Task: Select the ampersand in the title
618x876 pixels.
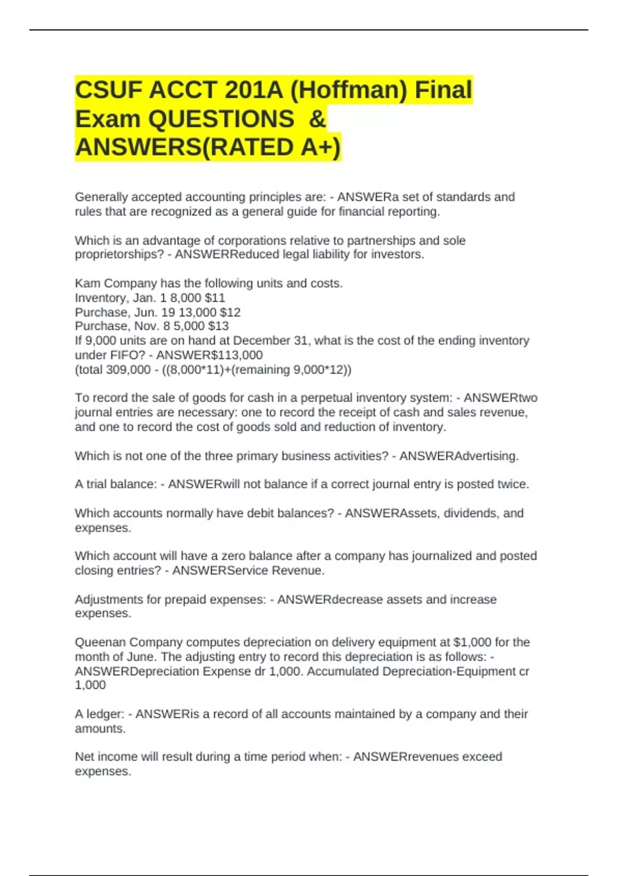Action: pos(317,119)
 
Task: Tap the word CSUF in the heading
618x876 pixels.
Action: pos(109,90)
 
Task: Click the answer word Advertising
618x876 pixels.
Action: pos(487,456)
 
